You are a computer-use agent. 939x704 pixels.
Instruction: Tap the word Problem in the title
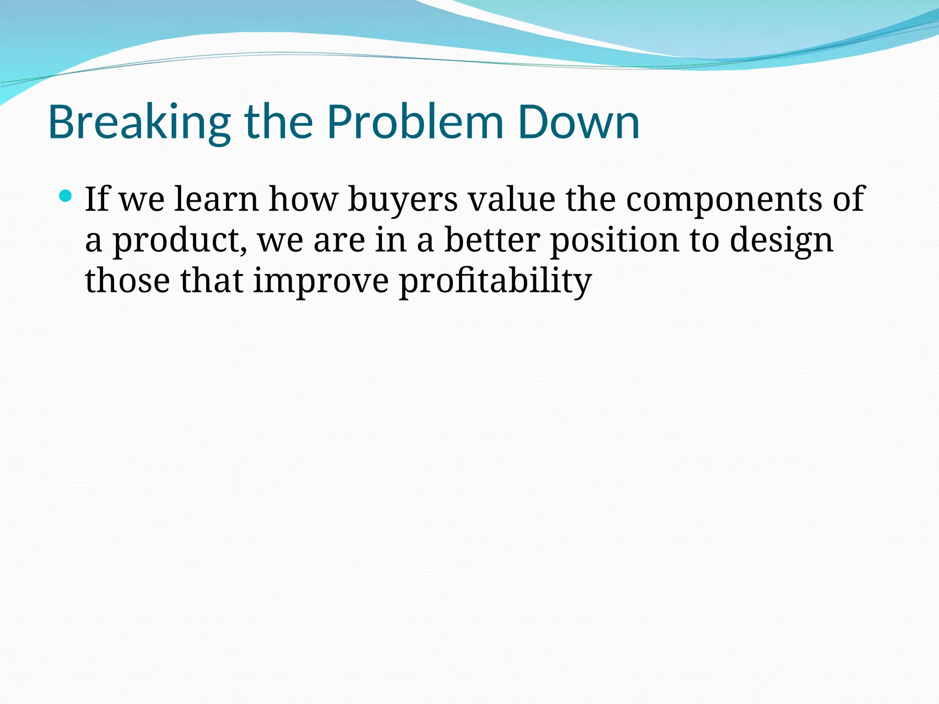415,123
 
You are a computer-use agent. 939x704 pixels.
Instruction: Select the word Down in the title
578,123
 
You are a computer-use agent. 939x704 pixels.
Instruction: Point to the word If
97,199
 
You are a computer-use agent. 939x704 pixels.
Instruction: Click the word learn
216,199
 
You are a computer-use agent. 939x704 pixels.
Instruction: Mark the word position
614,241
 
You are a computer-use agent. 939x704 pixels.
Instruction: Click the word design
781,241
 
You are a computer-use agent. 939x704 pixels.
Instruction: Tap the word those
127,280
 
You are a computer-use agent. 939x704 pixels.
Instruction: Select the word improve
321,281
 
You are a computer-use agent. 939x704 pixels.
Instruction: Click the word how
303,199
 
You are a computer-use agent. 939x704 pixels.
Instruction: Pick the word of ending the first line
848,199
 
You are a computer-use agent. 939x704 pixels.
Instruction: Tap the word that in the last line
211,280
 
